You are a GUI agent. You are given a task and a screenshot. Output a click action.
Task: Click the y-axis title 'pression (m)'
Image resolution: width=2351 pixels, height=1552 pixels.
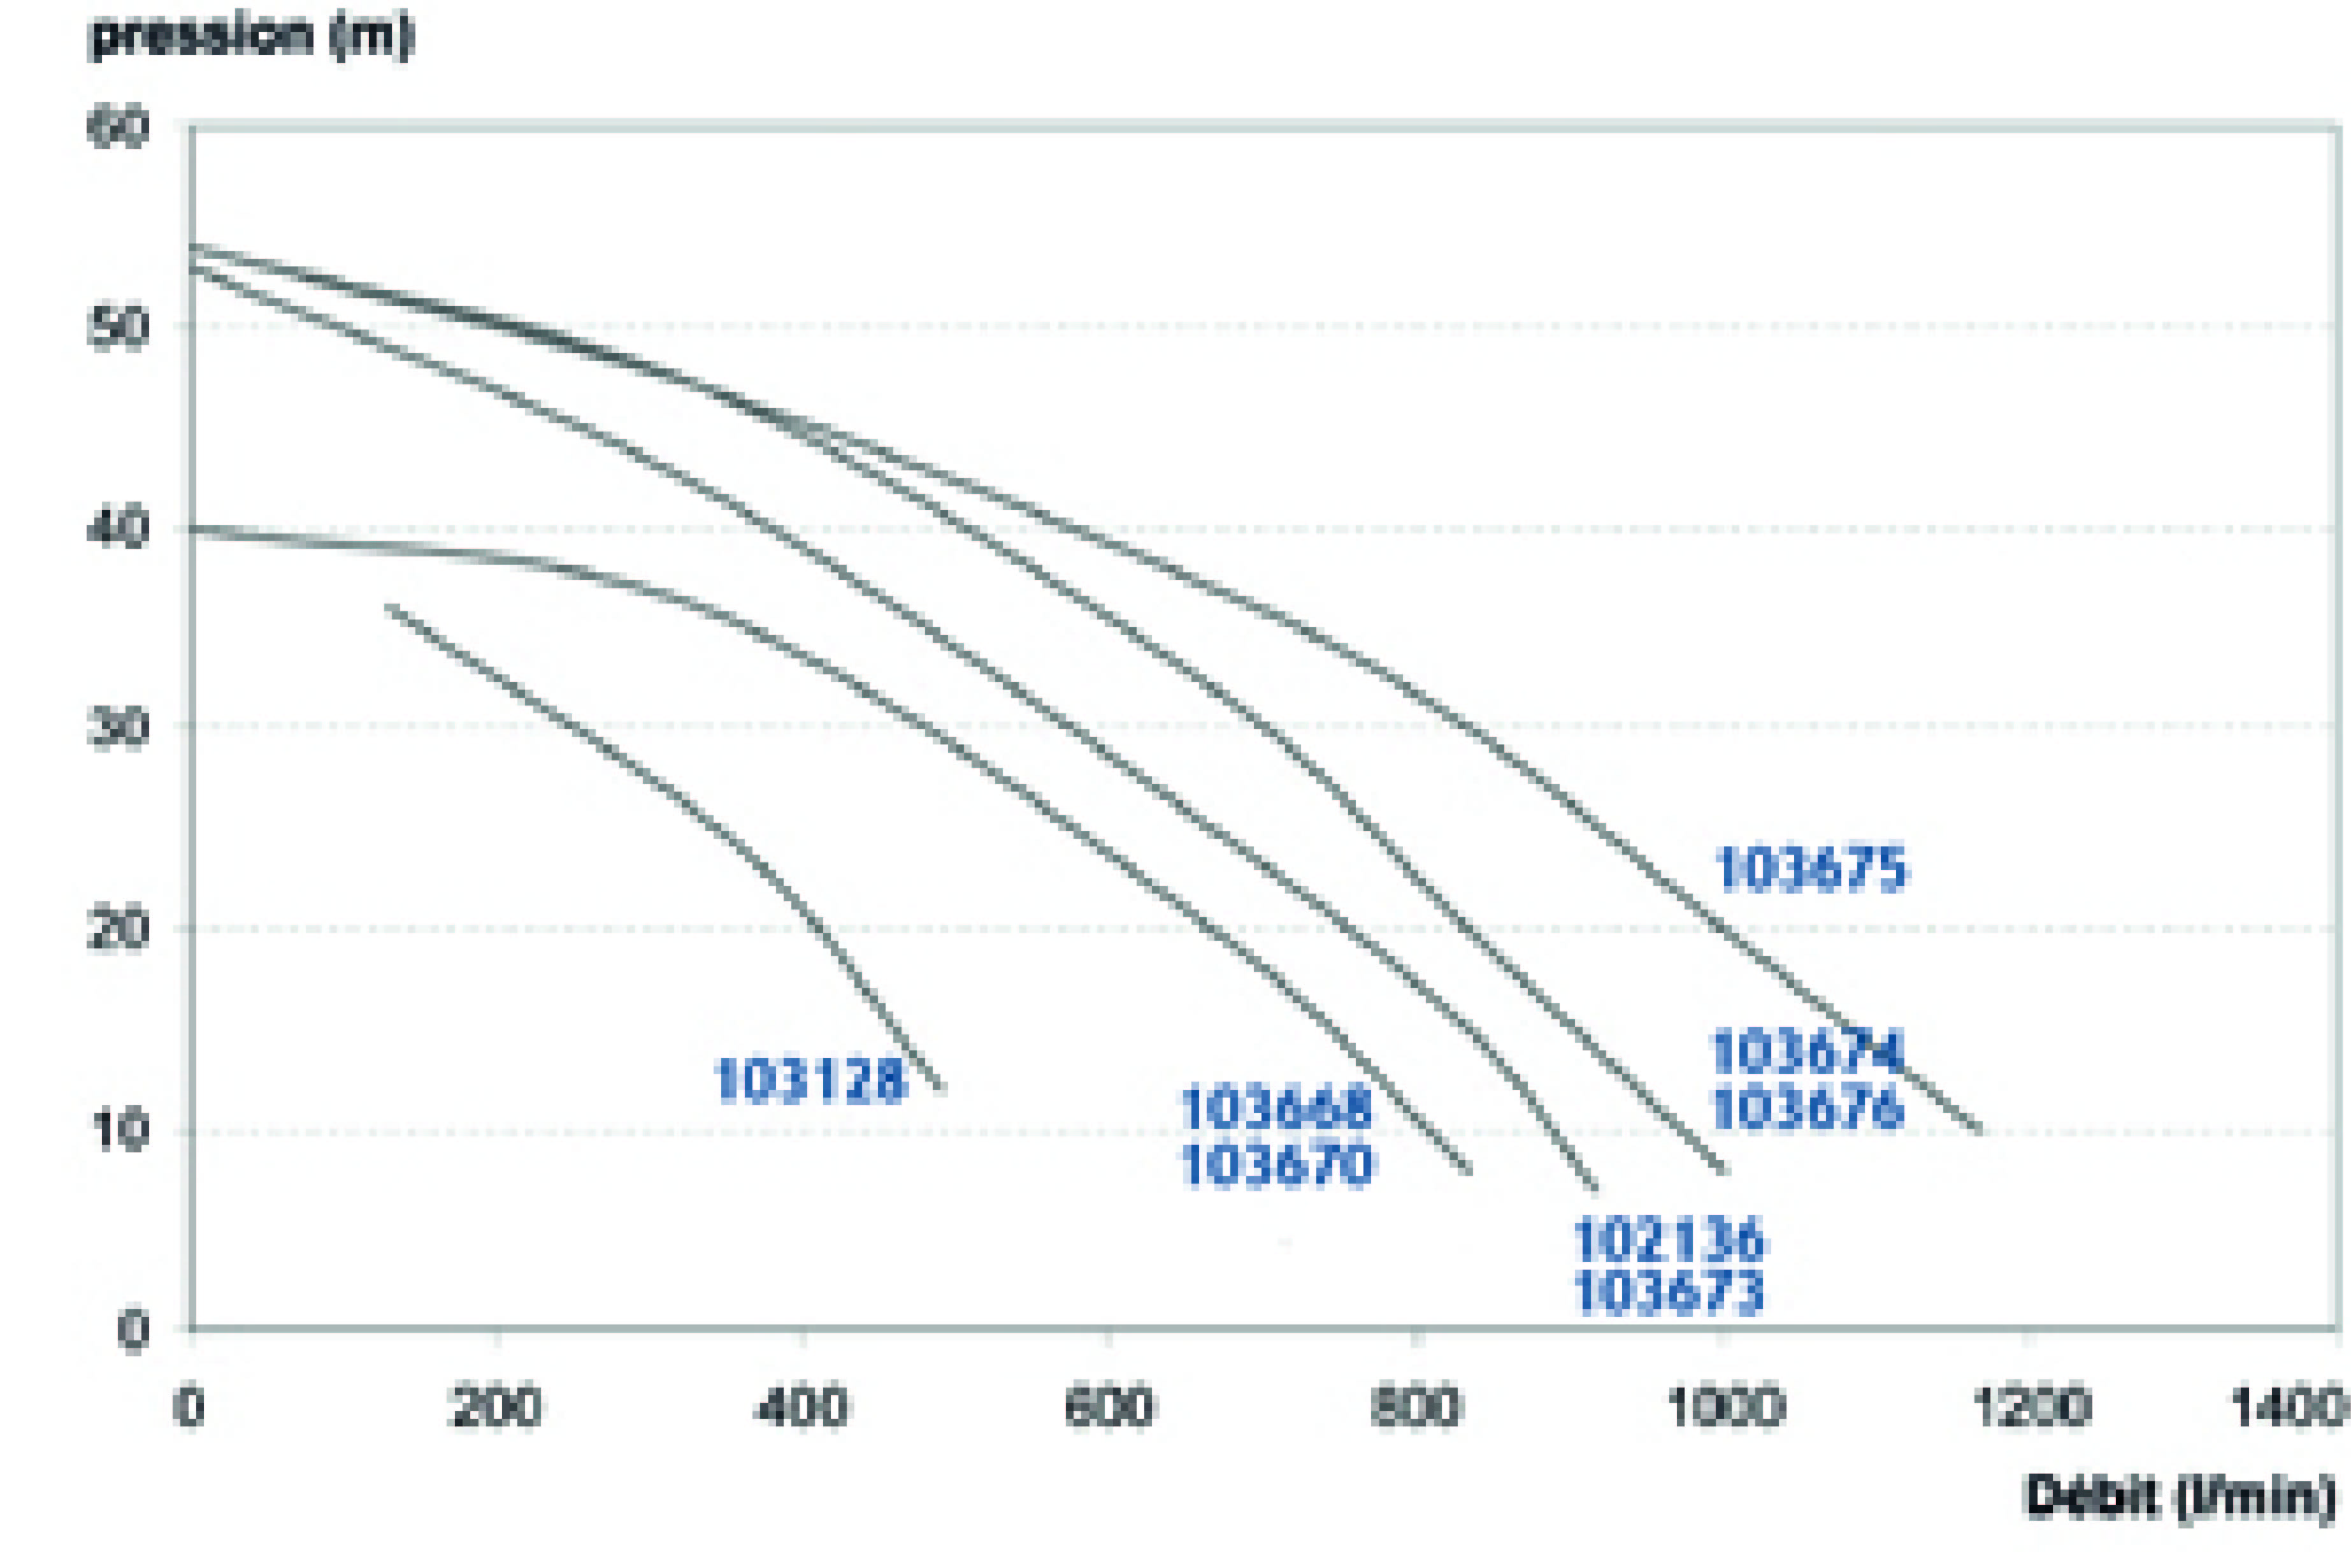pyautogui.click(x=250, y=36)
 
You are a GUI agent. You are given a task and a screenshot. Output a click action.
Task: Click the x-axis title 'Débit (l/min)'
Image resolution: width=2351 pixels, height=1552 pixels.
pyautogui.click(x=2180, y=1495)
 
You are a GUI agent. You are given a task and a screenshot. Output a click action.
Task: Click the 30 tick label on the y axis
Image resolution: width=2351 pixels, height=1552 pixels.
pyautogui.click(x=119, y=730)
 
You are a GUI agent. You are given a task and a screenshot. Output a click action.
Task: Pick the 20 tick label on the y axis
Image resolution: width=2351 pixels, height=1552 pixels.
pyautogui.click(x=119, y=931)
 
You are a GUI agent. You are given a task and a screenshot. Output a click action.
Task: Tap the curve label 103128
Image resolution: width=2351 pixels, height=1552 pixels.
pyautogui.click(x=809, y=1080)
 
